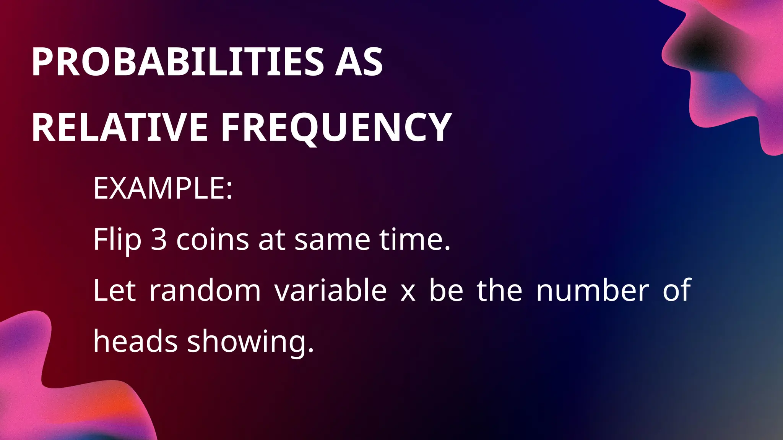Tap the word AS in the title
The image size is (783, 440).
pos(359,62)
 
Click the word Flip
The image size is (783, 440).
pos(117,239)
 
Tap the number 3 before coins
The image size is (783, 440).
pos(158,239)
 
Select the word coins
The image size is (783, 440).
pos(213,239)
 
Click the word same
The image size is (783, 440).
pos(332,239)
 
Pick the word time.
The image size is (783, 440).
pos(415,239)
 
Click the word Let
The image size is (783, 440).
pos(114,290)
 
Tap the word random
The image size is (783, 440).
pos(205,290)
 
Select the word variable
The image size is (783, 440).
pos(331,290)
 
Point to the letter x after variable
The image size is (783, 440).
pos(408,292)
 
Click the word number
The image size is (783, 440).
pos(592,290)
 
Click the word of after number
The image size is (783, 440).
pos(677,290)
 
